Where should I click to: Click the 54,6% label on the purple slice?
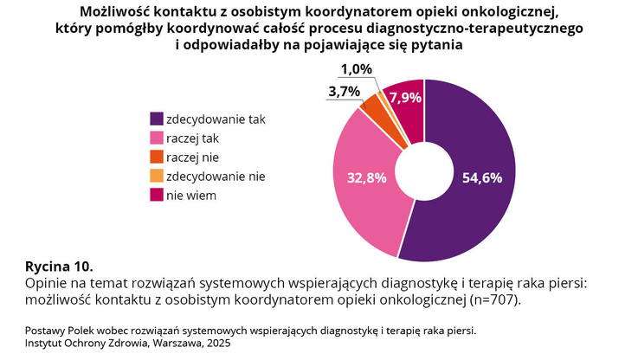[482, 178]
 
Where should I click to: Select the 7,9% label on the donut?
[405, 98]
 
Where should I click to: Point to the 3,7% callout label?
[344, 91]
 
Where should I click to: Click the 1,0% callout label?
[356, 69]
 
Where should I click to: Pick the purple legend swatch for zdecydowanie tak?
[157, 119]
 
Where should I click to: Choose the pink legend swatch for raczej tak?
[157, 138]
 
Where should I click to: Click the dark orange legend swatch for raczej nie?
[157, 157]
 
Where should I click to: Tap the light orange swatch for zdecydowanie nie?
[157, 176]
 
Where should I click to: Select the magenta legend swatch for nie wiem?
[157, 196]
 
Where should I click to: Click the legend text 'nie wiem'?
[191, 196]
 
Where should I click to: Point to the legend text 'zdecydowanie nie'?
[216, 176]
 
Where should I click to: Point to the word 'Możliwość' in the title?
[120, 11]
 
